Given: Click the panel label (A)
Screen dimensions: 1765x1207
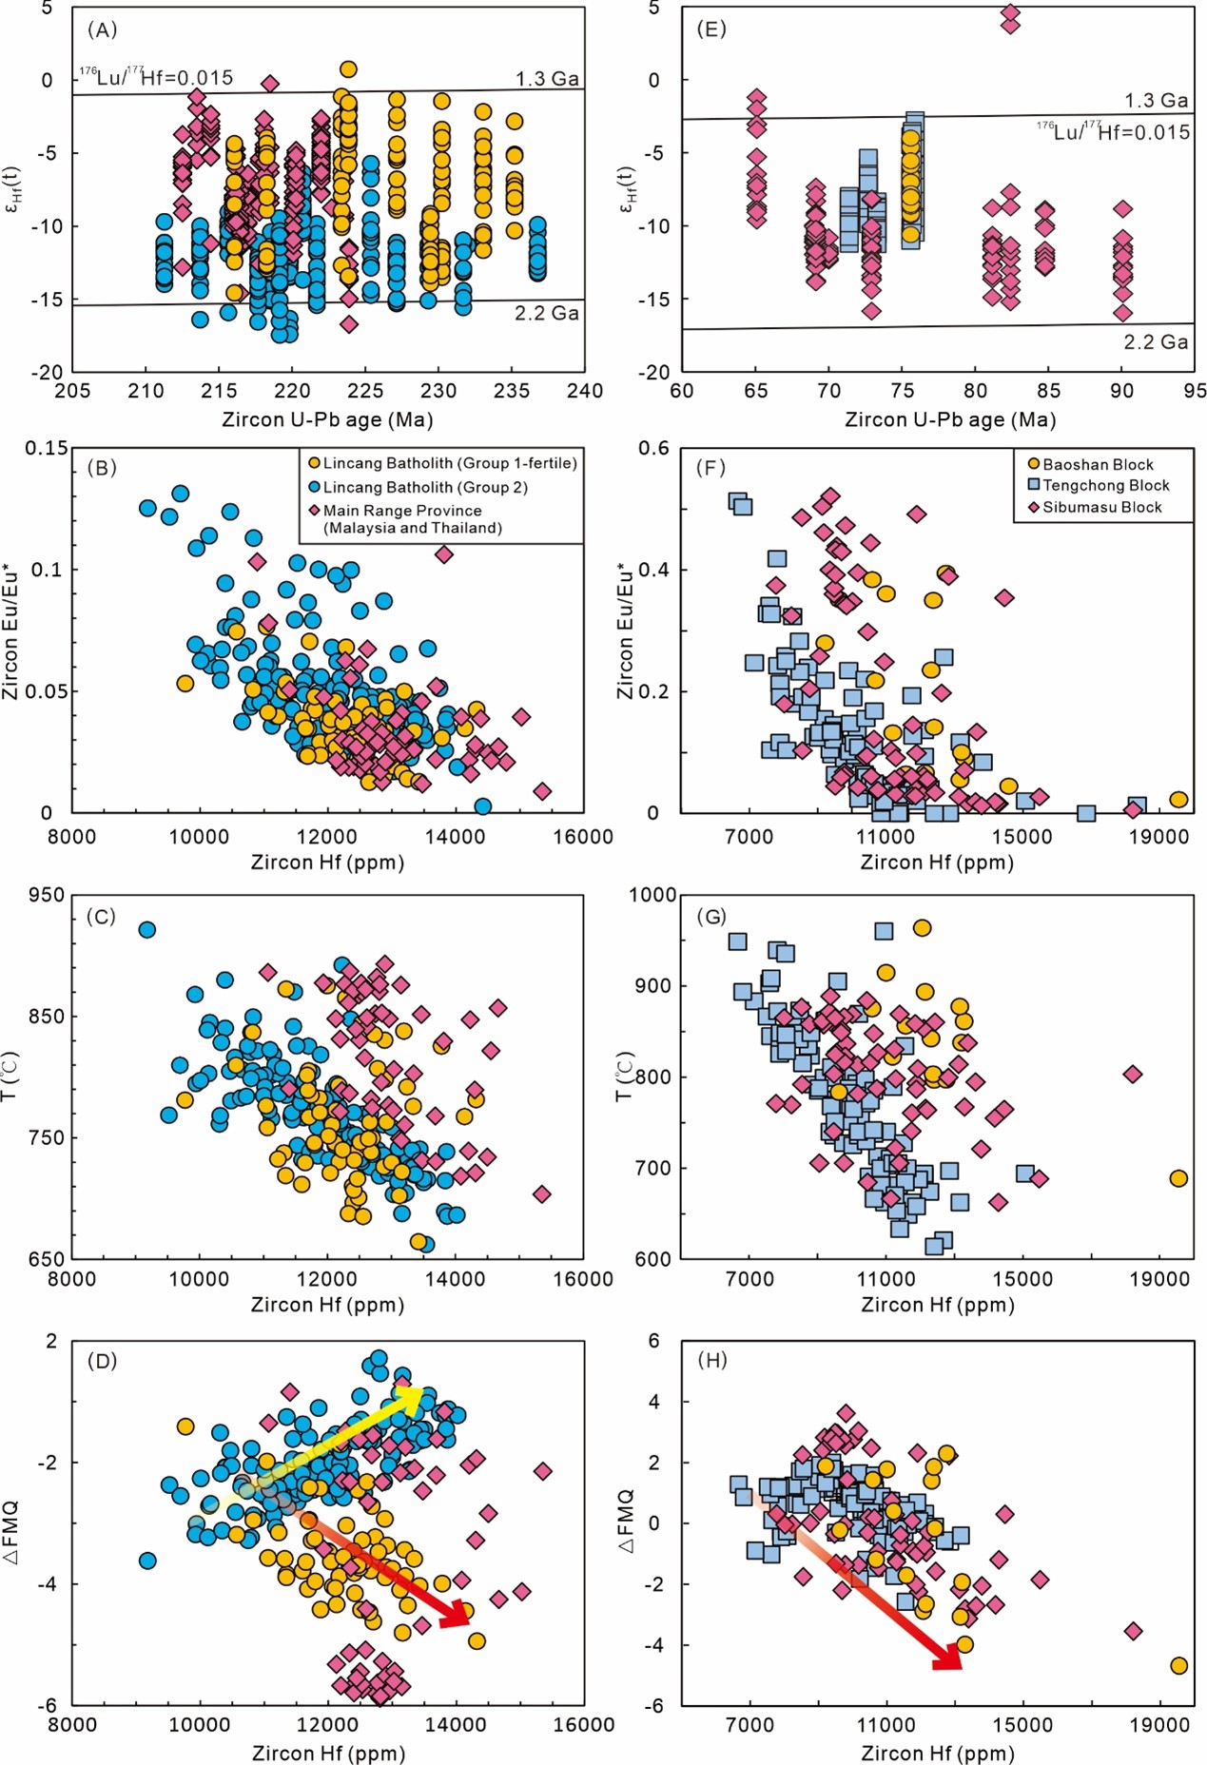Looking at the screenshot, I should [102, 29].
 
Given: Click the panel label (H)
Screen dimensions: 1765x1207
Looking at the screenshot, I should [712, 1360].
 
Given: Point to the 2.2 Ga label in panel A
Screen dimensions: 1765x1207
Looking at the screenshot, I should [547, 313].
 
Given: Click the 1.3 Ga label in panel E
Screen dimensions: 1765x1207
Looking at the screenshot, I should [1156, 100].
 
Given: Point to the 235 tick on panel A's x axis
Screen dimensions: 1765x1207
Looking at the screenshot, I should [512, 391].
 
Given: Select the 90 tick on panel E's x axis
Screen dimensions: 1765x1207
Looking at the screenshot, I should [1122, 391].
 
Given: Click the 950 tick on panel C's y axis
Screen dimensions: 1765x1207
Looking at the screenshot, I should [46, 895].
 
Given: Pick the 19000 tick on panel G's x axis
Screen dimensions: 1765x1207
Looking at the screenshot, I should [1158, 1279].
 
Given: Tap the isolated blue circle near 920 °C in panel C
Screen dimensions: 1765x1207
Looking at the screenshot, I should [146, 929].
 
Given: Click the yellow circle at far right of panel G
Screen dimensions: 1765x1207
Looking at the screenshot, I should [1178, 1178].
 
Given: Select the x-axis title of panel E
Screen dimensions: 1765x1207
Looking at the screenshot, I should [949, 419].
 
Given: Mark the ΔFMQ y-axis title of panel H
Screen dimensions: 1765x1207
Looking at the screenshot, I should [627, 1522].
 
